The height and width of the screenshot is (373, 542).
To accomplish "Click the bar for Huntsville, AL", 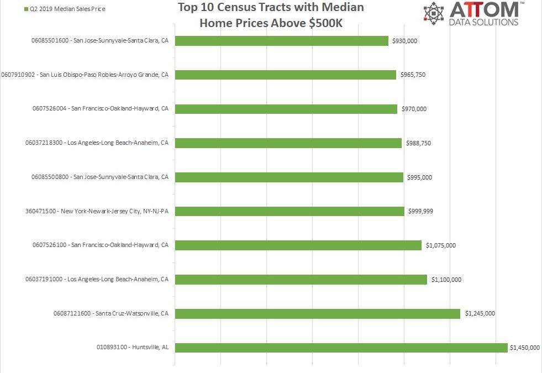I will tap(341, 348).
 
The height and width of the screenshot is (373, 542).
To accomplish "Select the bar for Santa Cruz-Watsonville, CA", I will tap(317, 313).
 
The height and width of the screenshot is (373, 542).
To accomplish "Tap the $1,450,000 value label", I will tap(525, 348).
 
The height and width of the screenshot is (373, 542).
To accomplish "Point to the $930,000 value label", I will tap(406, 41).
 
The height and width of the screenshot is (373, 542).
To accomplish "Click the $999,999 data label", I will tap(422, 211).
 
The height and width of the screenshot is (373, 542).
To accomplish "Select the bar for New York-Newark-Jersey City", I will tap(290, 211).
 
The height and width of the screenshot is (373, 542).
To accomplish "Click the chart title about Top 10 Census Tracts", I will tap(271, 15).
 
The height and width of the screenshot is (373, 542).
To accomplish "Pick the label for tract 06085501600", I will tap(100, 40).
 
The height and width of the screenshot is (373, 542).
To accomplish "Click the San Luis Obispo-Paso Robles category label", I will tap(85, 75).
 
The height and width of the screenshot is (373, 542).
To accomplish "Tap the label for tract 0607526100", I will tap(100, 245).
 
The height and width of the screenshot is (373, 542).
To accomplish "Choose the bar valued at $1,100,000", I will tap(301, 280).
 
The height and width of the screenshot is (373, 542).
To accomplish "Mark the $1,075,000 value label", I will tap(441, 245).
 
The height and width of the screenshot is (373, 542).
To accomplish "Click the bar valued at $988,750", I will tap(288, 143).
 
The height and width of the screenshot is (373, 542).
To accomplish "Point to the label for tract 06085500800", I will tap(100, 177).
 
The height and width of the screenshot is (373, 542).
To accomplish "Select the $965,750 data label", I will tap(413, 75).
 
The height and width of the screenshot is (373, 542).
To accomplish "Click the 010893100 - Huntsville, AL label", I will tap(131, 347).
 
